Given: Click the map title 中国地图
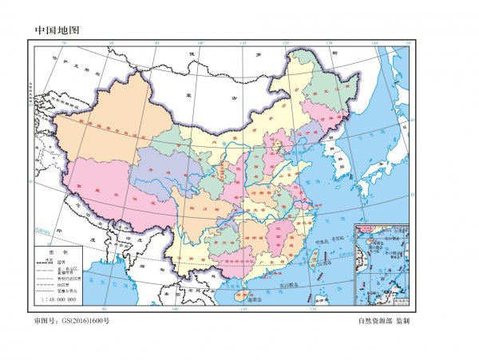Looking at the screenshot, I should (58, 30).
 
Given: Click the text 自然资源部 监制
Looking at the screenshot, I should (384, 321).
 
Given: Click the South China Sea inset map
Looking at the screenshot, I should (381, 263).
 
